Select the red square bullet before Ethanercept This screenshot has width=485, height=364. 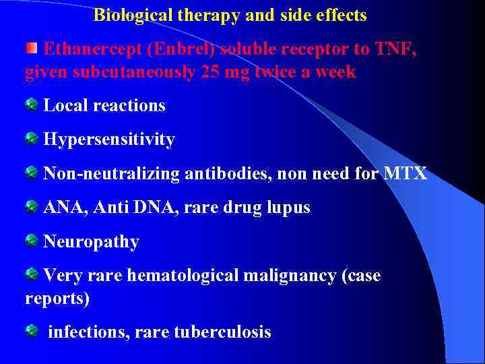32,48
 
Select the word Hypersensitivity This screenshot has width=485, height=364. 109,140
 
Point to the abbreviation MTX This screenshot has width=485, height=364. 406,173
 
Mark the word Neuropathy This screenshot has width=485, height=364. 91,242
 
